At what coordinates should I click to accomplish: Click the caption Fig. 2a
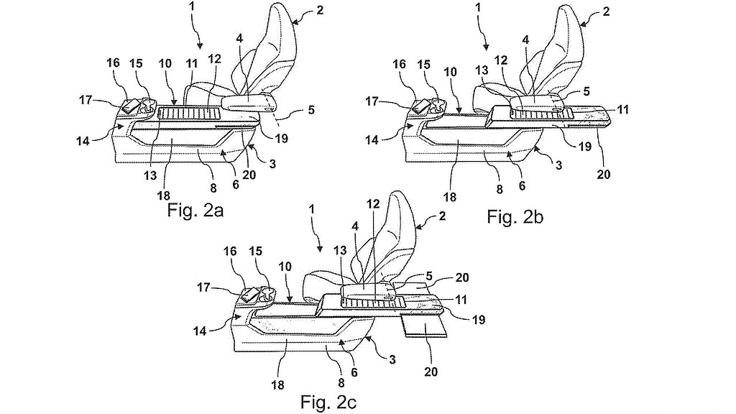(195, 210)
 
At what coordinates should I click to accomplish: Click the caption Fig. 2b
(515, 216)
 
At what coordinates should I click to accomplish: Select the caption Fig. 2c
(328, 402)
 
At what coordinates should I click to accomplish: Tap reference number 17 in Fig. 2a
(86, 100)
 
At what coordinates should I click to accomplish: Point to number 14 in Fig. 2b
(372, 140)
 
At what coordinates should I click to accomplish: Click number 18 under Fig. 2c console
(277, 385)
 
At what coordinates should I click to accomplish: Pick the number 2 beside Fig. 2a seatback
(320, 10)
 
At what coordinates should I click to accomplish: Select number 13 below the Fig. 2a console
(150, 175)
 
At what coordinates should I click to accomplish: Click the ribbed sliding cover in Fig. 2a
(190, 113)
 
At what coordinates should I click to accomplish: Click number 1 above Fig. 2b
(478, 8)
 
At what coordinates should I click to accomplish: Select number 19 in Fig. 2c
(478, 320)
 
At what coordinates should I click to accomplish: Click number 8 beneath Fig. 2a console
(213, 188)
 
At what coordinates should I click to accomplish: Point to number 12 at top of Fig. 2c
(373, 203)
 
